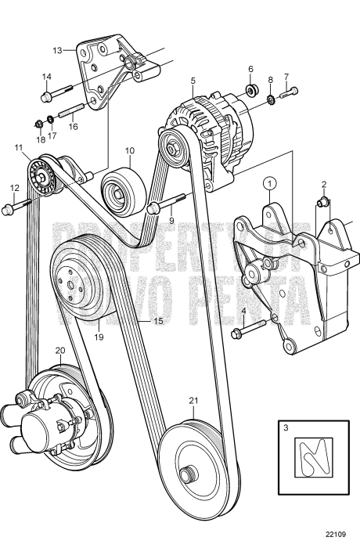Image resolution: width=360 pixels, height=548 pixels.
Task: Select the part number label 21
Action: point(194,401)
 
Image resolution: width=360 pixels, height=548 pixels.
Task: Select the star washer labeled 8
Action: point(271,99)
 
